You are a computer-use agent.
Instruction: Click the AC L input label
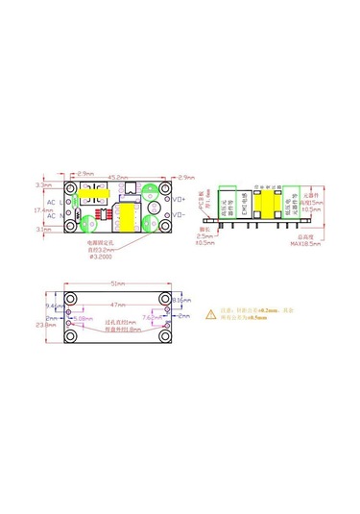(x=55, y=202)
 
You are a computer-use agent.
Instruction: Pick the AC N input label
(x=55, y=216)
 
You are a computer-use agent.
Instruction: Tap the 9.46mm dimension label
(x=54, y=305)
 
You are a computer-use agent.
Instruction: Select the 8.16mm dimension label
(x=183, y=302)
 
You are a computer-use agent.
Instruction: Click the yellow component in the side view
(x=285, y=204)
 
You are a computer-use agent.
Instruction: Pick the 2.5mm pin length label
(x=204, y=236)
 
